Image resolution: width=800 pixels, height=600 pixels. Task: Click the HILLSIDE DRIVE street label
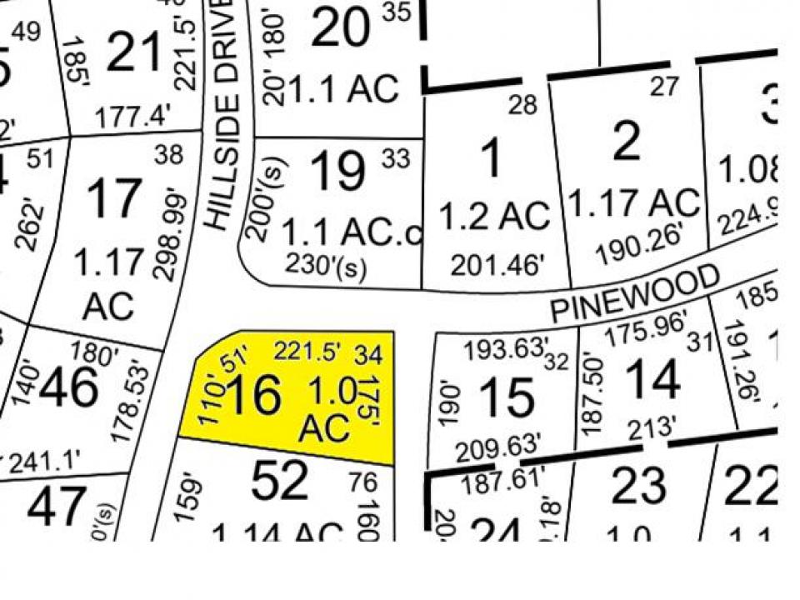tap(223, 117)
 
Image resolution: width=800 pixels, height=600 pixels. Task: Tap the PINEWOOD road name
tap(635, 293)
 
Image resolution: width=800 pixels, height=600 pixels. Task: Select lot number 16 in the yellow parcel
tap(253, 395)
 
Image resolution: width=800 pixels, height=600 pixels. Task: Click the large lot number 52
tap(280, 482)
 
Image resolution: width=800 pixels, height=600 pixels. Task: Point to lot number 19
tap(338, 172)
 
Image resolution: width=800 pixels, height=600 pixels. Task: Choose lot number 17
tap(114, 198)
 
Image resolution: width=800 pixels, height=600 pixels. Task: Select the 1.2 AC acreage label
tap(494, 217)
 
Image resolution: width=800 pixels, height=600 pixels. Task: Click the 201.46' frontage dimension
tap(497, 265)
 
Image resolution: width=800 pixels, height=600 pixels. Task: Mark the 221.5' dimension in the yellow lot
tap(307, 351)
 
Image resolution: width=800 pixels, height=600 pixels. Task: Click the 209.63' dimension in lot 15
tap(499, 445)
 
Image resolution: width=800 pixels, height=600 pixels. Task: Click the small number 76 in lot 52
tap(365, 482)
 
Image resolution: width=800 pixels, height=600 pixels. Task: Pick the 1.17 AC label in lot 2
tap(633, 202)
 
